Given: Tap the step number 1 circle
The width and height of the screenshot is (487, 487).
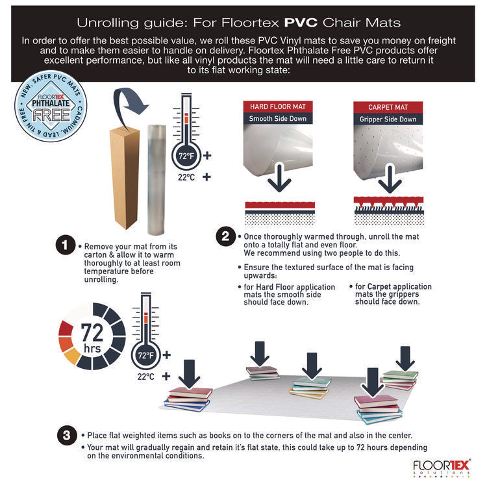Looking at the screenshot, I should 64,246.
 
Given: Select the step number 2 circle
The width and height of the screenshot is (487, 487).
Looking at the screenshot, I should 225,237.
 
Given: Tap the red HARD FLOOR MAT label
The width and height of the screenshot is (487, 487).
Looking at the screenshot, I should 279,106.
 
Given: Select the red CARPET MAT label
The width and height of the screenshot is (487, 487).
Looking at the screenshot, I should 387,106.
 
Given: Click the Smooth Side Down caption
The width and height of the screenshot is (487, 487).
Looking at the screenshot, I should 279,119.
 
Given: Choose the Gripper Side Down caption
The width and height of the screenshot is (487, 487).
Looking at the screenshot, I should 387,119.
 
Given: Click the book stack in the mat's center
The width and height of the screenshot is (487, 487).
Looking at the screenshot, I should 312,386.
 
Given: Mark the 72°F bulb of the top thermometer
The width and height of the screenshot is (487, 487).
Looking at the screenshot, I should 185,156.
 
